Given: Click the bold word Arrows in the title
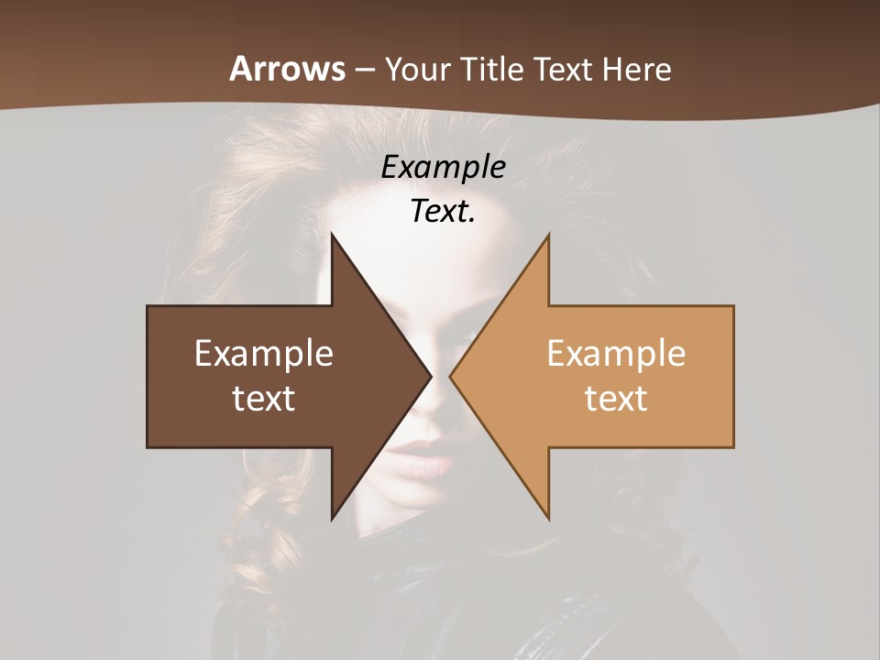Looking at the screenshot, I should pos(287,69).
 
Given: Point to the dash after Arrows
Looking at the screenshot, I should pos(364,70).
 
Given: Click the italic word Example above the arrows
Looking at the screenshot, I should pos(443,167).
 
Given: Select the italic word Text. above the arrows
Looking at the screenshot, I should pos(443,211).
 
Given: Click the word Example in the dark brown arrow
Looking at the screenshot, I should pos(264,353).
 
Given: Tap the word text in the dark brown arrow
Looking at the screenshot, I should pos(264,398).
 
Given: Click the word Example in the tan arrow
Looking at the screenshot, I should pos(616,353).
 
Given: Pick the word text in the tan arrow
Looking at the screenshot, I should pos(616,398).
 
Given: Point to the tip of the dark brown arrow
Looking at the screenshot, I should pos(431,376).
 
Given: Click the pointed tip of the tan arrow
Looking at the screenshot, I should pos(450,376).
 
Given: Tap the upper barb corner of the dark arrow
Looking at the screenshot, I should pos(332,235).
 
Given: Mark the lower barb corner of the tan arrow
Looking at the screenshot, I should pos(548,518).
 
